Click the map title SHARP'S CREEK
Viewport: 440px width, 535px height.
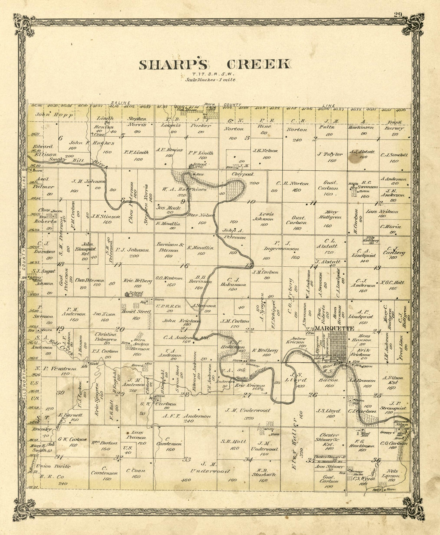215,64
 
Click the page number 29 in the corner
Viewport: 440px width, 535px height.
397,15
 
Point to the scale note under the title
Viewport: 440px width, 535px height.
210,80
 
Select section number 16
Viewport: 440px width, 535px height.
184,265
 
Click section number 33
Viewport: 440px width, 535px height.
187,459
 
